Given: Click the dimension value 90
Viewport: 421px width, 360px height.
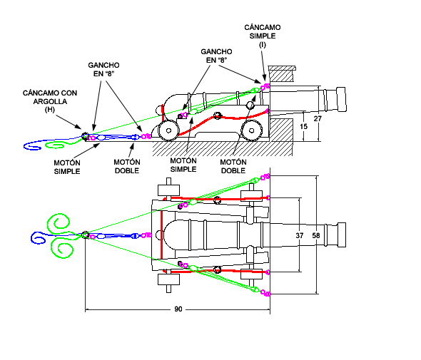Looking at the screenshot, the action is click(178, 309).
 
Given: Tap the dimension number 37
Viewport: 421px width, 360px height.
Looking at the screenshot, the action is click(300, 235).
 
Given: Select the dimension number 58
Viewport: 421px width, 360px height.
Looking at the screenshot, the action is click(316, 235).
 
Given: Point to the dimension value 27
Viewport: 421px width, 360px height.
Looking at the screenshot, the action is click(318, 118).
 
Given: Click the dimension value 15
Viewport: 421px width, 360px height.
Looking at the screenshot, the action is click(304, 126).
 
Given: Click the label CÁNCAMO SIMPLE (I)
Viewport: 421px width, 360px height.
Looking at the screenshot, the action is click(263, 36).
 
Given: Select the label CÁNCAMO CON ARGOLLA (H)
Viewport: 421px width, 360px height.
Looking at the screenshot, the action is click(50, 101).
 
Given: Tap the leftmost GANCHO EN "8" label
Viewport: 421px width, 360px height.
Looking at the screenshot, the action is click(103, 69).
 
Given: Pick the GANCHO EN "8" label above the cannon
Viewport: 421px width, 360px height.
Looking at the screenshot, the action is click(216, 56).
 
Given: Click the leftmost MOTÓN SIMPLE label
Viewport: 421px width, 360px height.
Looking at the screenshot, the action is click(67, 167).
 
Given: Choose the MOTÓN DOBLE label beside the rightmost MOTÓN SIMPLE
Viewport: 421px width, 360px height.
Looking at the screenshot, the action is click(233, 166).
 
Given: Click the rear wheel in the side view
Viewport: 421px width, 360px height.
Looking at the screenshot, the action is click(168, 130).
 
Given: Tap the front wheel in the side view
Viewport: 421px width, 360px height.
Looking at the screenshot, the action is click(252, 130).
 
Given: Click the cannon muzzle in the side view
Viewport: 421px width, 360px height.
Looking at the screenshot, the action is click(341, 99).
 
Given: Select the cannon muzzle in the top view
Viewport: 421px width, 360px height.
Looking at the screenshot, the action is click(341, 235).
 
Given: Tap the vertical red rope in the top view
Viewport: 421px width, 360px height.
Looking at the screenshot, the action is click(162, 235).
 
